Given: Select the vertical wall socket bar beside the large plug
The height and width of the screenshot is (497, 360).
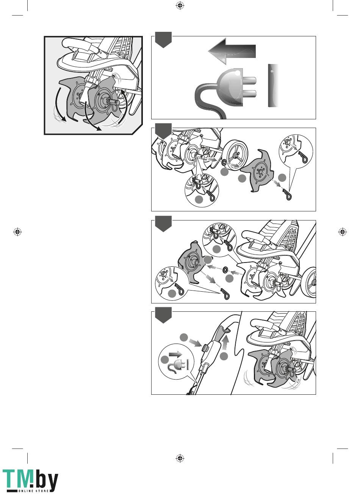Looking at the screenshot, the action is (273, 86).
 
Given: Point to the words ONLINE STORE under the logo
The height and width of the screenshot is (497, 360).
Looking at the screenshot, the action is (34, 491).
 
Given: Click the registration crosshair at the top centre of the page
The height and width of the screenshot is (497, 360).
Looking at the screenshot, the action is (180, 6).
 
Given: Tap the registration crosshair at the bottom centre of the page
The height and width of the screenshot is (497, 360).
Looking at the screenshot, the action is (180, 458).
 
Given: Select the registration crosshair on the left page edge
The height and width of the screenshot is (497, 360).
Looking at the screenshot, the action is (17, 231).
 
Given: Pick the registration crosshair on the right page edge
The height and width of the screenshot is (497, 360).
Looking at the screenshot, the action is (343, 231).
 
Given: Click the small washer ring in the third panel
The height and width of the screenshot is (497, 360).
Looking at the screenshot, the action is (225, 270).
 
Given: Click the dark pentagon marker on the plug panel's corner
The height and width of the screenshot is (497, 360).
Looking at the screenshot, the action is (163, 40).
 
